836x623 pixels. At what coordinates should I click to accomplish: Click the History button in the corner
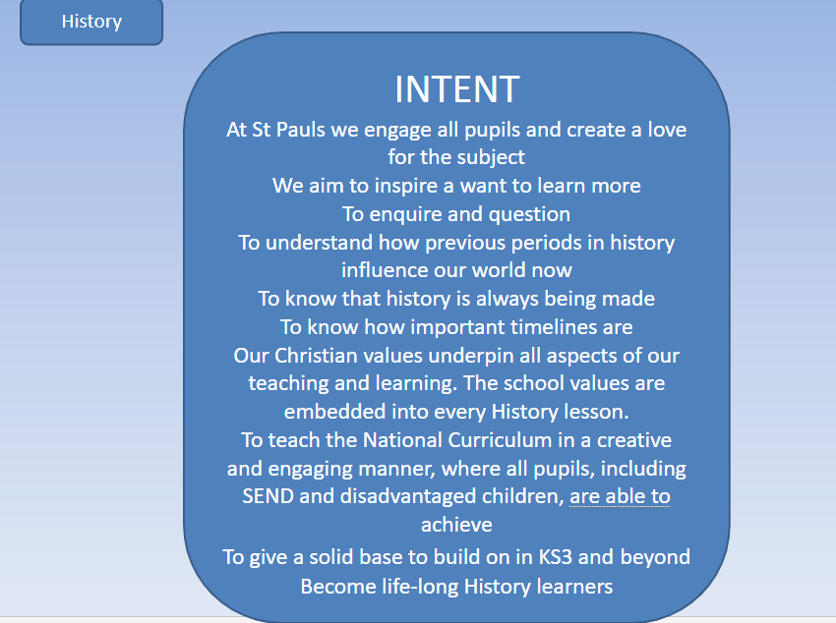coord(91,22)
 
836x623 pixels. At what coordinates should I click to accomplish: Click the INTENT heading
coord(457,88)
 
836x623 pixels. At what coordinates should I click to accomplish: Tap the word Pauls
coord(301,130)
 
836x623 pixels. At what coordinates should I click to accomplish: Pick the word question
coord(529,214)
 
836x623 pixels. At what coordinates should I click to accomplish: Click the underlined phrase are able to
coord(620,496)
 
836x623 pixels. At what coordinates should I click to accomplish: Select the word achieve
coord(457,525)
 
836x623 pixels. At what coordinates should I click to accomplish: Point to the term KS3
coord(555,557)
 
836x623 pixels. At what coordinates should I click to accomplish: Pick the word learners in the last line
coord(574,587)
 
